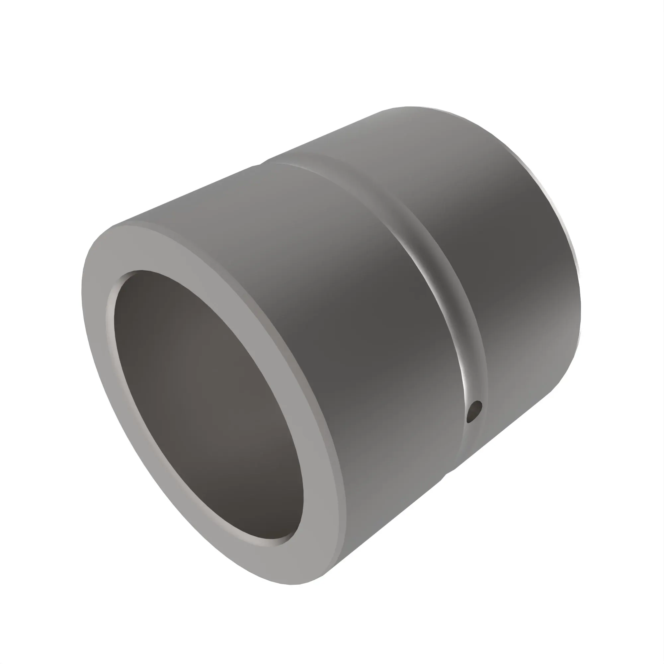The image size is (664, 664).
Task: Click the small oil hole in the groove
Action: (x=475, y=411)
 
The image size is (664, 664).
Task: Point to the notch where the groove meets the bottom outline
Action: (x=447, y=474)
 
